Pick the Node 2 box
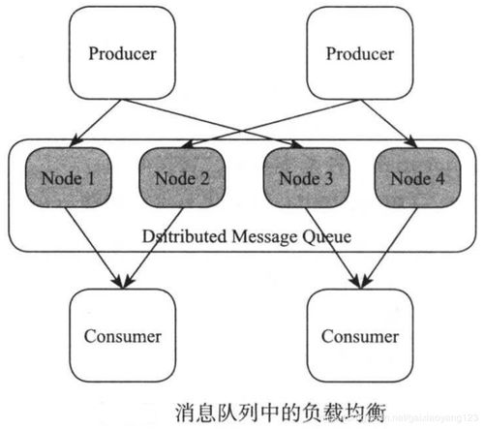click(178, 178)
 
